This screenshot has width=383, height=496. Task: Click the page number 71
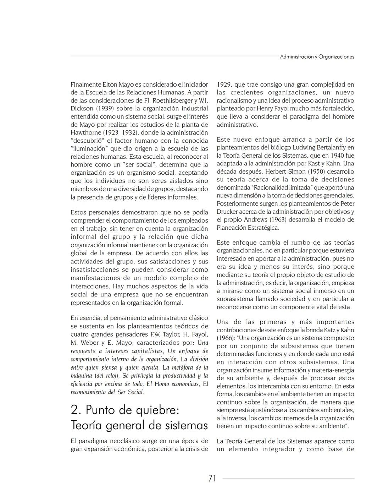212,478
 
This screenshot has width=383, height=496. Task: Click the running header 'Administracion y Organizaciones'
317,57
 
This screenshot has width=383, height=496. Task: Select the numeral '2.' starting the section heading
76,410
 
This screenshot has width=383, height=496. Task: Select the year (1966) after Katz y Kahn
226,338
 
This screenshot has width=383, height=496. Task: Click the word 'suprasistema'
235,299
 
